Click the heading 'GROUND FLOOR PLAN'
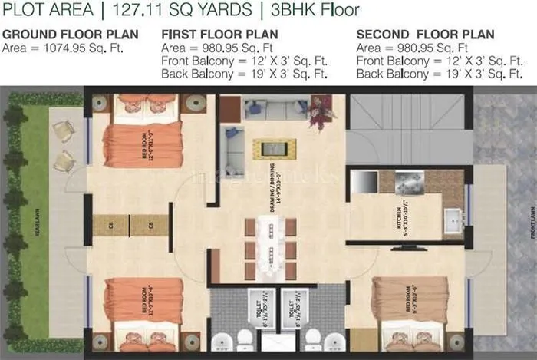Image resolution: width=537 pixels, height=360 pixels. [71, 35]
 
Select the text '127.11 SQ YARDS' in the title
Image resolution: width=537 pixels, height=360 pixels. [176, 11]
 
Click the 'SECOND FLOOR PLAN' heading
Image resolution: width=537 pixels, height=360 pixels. [425, 35]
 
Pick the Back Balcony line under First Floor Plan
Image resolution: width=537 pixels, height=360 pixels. [245, 74]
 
